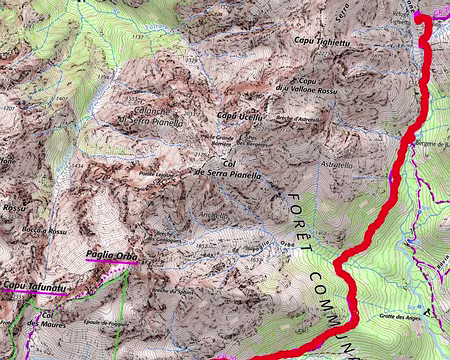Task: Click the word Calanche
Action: coord(140,112)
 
